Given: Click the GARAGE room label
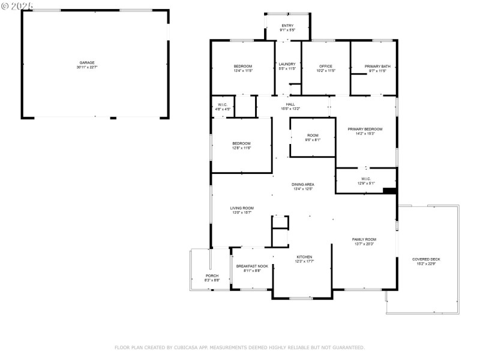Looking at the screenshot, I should pos(87,62).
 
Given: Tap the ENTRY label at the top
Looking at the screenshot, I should pos(287,25).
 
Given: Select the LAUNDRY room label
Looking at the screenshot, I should pos(287,64).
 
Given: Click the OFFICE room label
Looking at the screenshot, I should pos(326,66).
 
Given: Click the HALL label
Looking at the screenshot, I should pos(290,104).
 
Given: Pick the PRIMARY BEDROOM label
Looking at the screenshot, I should pos(365,129).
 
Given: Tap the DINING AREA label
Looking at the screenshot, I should pos(303,184).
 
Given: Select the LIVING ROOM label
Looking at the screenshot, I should pos(241,208).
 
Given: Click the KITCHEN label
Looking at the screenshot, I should pos(304,257).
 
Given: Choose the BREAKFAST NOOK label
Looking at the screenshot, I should pos(252,266).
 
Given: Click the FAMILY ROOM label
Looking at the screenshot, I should pos(364,239).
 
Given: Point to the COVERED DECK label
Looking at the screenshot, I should pos(426,259).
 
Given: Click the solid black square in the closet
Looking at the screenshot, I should pos(389,191).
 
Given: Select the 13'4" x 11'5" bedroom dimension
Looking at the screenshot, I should pos(242,71).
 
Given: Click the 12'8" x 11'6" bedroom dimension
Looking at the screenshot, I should pos(241,148).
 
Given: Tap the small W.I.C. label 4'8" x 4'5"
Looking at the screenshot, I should pos(223,109).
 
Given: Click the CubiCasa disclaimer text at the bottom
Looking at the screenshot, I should pos(239,347).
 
